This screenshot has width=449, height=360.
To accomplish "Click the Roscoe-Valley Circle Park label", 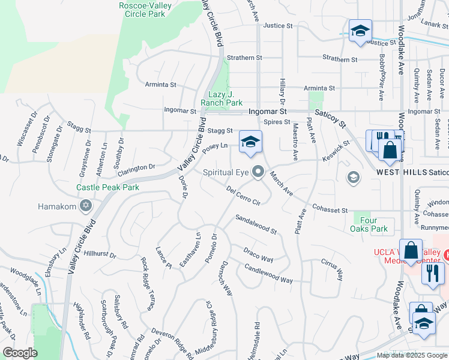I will pos(154,9).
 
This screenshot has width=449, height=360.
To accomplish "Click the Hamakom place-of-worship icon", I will pos(86,206).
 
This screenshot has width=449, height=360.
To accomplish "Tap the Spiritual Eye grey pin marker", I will pos(259,172).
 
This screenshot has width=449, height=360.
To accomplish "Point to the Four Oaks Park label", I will pos(369,224).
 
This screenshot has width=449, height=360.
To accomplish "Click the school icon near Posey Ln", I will pos(251,142).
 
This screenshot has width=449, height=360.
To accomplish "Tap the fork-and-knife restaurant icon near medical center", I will pos(432,274).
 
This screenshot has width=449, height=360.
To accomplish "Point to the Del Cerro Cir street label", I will pos(243,195).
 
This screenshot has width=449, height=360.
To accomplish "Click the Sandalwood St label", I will pos(256,224).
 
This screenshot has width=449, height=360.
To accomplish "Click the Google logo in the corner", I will pos(20,353).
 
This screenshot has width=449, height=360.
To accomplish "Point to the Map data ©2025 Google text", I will pos(411,355).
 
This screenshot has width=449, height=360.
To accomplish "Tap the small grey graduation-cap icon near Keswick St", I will pos(354,176).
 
